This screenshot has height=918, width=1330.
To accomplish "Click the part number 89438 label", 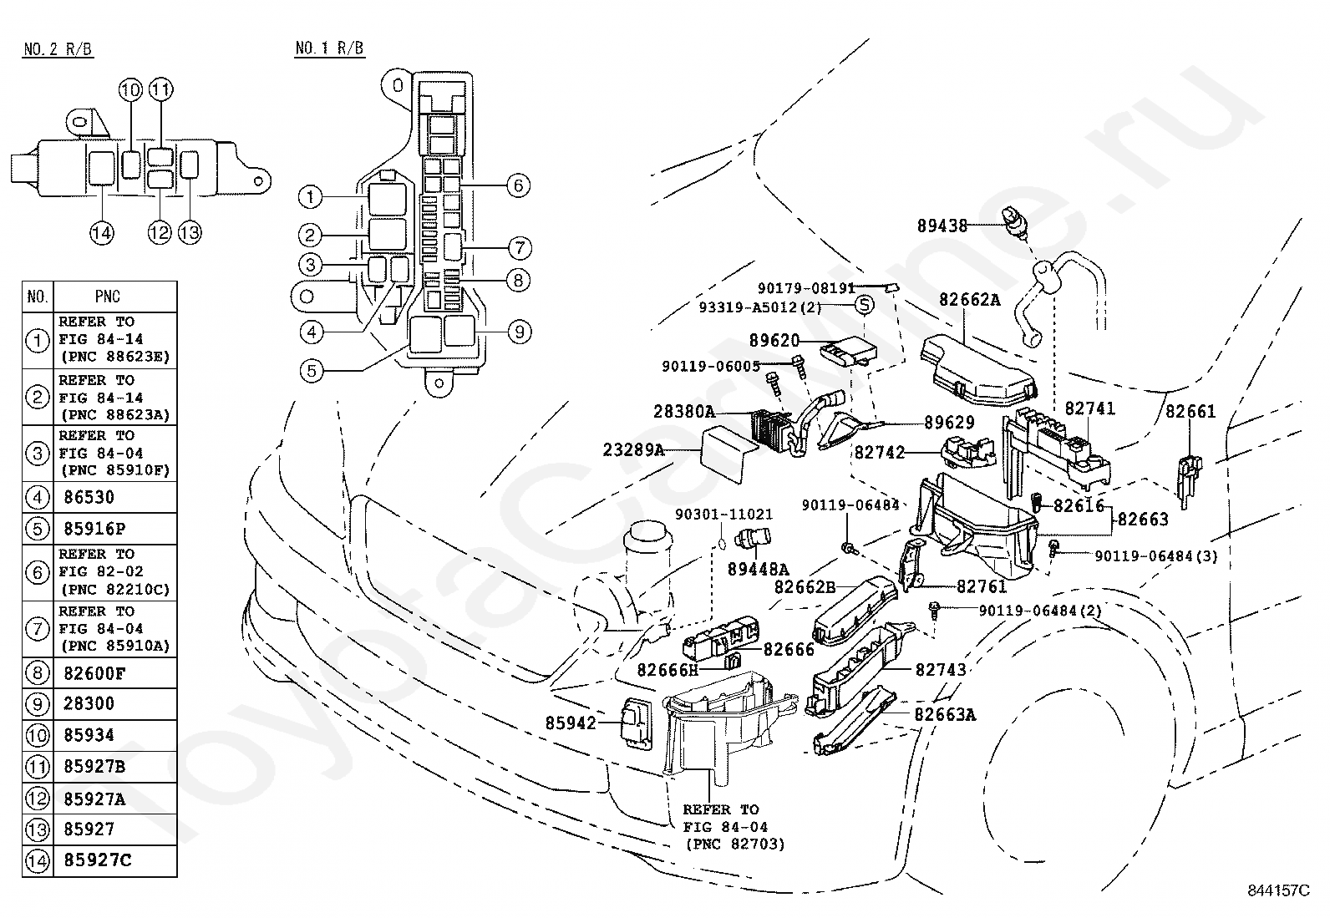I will (x=942, y=226).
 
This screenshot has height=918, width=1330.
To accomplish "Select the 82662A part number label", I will (x=969, y=299).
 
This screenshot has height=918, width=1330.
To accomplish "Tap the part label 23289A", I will (x=633, y=451).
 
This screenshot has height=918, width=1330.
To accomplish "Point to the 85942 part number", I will (x=571, y=723).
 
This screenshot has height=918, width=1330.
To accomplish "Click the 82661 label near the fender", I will (x=1190, y=411).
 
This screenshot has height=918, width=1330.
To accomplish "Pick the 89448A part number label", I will (x=758, y=569).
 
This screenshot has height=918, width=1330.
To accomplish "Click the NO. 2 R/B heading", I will (x=58, y=49).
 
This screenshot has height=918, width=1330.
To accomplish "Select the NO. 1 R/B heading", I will (x=329, y=48).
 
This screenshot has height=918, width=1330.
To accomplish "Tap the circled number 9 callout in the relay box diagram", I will (x=519, y=332).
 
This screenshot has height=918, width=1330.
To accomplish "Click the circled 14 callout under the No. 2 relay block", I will (x=102, y=233).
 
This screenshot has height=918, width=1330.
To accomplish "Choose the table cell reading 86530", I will (x=89, y=498).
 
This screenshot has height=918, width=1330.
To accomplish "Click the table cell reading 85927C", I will (x=97, y=860).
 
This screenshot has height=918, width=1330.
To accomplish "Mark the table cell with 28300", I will (x=89, y=704).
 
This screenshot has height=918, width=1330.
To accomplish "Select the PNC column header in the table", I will (x=108, y=297).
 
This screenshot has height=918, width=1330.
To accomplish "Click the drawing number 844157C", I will (x=1279, y=890).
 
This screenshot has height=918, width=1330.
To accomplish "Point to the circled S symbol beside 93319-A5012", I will (x=864, y=305).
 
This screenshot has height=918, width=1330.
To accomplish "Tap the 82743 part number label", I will (x=940, y=670).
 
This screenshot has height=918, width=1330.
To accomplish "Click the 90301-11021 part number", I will (x=723, y=515).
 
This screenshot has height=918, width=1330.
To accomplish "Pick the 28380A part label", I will (x=685, y=412).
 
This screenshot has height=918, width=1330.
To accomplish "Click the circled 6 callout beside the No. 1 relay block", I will (x=518, y=185).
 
